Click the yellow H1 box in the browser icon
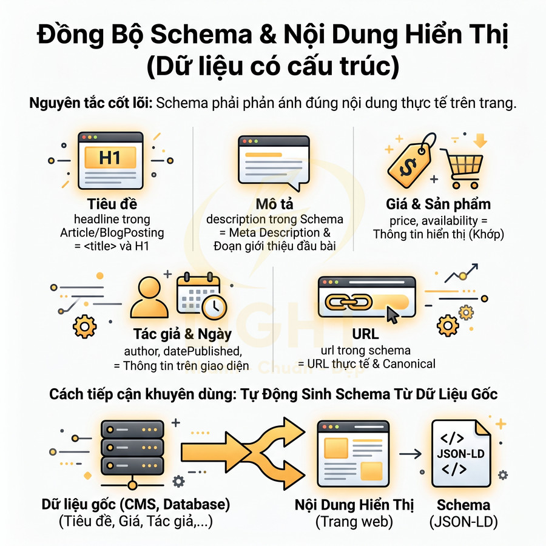[x=109, y=158]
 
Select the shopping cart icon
[x=462, y=164]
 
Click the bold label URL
[x=365, y=334]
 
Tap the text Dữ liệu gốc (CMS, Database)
[x=136, y=504]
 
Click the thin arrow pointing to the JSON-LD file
[x=413, y=453]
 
